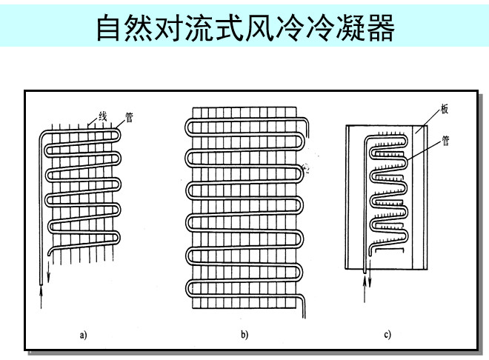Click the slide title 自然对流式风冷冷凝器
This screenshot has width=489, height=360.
click(246, 27)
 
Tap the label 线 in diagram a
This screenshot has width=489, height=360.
click(103, 116)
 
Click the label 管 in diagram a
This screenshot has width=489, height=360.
click(129, 117)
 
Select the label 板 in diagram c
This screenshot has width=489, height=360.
click(445, 109)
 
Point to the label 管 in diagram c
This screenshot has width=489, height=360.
click(445, 141)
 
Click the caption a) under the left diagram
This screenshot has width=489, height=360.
click(83, 335)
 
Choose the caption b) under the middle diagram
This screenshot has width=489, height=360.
click(245, 335)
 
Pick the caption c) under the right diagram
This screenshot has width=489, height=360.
click(387, 335)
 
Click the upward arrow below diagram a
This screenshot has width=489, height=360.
click(41, 297)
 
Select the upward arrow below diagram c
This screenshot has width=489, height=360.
click(365, 289)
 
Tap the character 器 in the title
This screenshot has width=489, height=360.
click(382, 28)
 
